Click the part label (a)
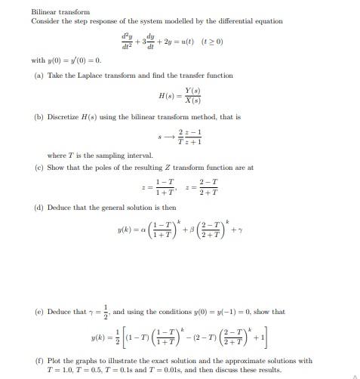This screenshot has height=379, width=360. point(38,75)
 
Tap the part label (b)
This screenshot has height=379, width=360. point(38,118)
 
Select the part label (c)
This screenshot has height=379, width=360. point(38,168)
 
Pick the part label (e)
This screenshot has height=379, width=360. point(38,311)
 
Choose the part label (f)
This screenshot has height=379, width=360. point(38,362)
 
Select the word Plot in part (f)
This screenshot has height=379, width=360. point(54,362)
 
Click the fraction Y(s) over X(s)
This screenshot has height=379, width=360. point(201,97)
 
